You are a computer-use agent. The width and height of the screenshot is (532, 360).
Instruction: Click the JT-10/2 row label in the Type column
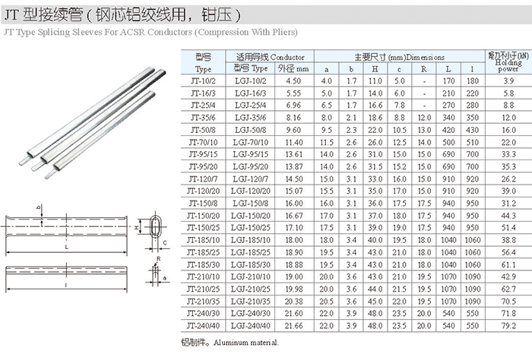click(x=203, y=81)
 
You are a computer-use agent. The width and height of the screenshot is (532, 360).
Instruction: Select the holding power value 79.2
click(x=508, y=326)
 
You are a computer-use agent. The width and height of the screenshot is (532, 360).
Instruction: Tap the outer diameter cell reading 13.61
click(x=294, y=154)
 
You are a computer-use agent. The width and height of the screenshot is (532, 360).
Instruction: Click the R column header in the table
click(x=424, y=69)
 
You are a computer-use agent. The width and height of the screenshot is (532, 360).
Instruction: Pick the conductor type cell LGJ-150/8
click(x=250, y=204)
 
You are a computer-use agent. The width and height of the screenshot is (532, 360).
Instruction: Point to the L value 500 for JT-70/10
click(x=448, y=142)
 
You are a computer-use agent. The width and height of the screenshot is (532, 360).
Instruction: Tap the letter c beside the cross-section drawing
click(x=165, y=243)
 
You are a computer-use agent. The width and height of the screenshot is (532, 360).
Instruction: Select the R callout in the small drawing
click(x=158, y=259)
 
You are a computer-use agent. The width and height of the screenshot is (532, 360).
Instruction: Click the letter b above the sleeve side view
click(x=39, y=207)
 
